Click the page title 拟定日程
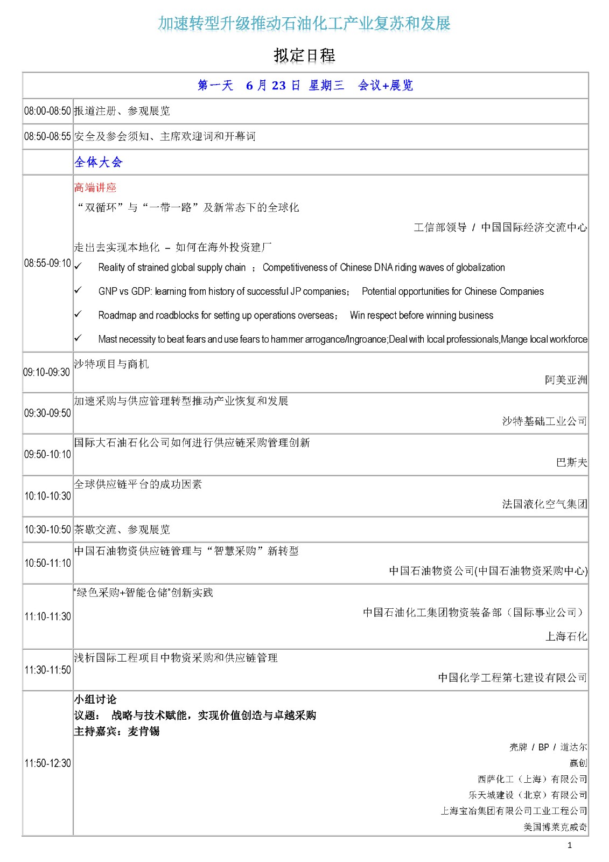point(304,55)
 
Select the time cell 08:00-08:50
point(47,111)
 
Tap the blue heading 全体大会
point(99,162)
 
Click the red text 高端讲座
point(95,187)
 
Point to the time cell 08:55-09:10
point(47,263)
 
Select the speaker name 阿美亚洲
point(565,380)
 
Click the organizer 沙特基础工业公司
point(544,421)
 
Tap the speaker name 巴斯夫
point(571,462)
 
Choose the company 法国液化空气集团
point(544,504)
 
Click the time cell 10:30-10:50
point(47,530)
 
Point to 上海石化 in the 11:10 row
point(566,636)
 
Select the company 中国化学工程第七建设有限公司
point(512,678)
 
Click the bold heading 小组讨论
point(95,699)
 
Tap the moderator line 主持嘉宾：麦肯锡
point(117,731)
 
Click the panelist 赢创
point(578,763)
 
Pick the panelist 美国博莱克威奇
point(555,826)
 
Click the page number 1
point(570,845)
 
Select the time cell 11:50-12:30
point(47,763)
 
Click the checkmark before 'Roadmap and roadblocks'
point(78,315)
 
